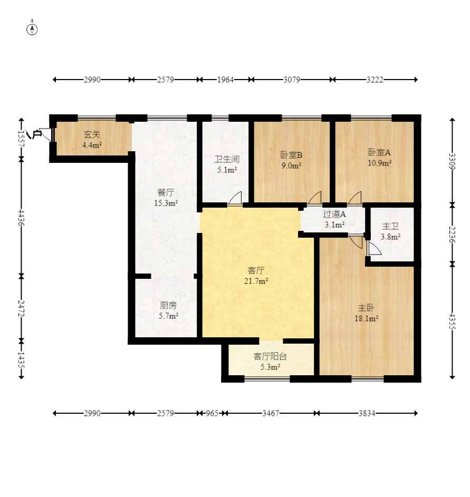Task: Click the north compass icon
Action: coord(32,29)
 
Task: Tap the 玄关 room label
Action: coord(92,135)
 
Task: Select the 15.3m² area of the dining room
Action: coord(166,203)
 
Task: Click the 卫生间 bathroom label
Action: coord(227,159)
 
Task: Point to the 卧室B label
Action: coord(291,155)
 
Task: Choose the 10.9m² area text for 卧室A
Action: coord(379,163)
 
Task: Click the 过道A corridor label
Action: coord(334,215)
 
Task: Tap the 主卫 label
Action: coord(390,226)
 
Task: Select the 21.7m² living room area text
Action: coord(256,281)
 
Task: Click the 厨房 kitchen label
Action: coord(168,306)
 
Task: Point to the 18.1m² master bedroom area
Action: coord(366,318)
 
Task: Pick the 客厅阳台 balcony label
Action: coord(270,357)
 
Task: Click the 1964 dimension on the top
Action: coord(225,80)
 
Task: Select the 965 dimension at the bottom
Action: coord(212,413)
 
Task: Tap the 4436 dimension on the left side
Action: coord(21,218)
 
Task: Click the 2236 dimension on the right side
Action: coord(452,235)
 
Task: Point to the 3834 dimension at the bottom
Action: coord(367,413)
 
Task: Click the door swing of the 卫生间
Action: coord(235,198)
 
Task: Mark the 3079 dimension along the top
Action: coord(292,80)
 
